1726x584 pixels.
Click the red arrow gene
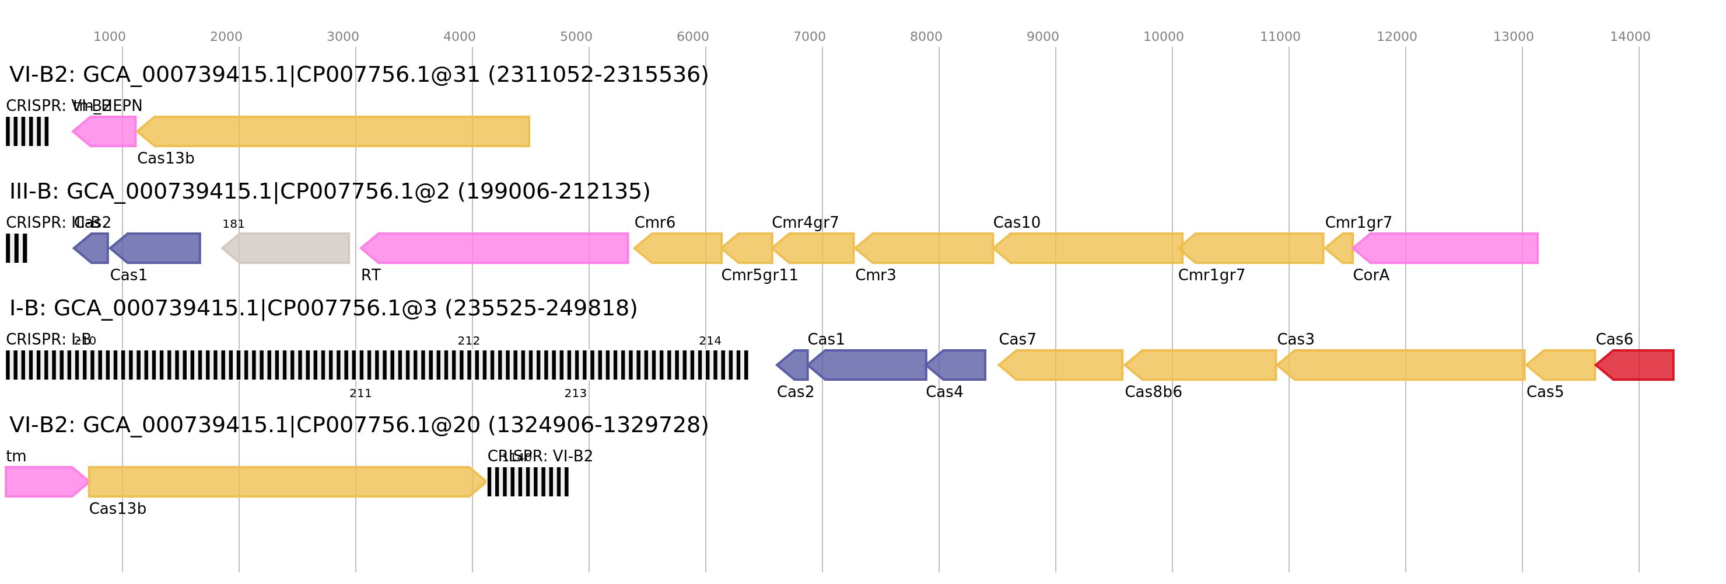[x=1636, y=365]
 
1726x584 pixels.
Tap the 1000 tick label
[x=109, y=37]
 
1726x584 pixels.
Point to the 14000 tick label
[x=1630, y=37]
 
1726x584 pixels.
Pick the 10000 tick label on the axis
[x=1163, y=37]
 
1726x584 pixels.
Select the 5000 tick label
[x=576, y=37]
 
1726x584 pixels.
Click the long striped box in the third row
[x=377, y=365]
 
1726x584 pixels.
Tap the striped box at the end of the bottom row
[x=527, y=481]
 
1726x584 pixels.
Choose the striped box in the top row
[x=27, y=131]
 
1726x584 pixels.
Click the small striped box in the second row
[x=17, y=248]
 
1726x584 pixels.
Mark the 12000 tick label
[x=1396, y=37]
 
